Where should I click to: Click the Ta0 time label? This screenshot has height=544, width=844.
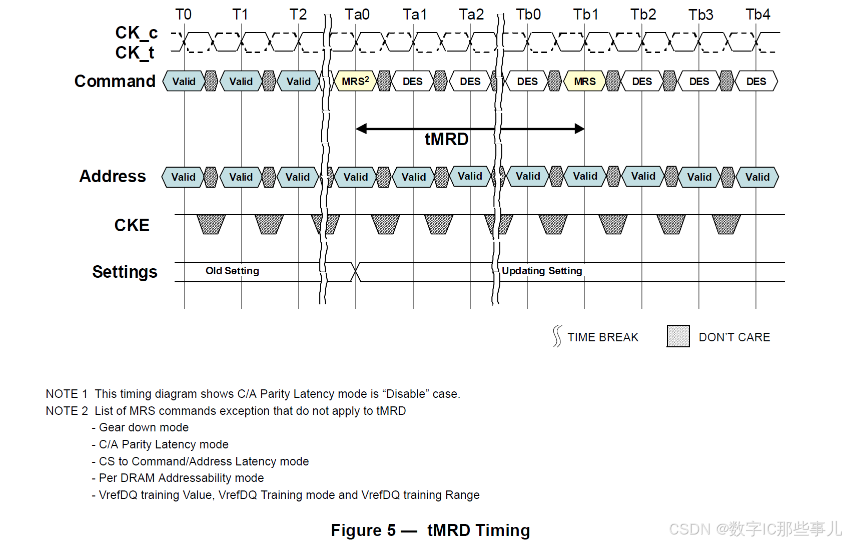click(357, 15)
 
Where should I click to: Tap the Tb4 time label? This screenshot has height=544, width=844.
click(757, 15)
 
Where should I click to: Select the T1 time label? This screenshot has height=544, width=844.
click(240, 15)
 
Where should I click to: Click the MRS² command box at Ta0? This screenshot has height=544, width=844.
click(355, 81)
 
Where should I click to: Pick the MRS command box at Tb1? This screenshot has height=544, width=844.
click(584, 81)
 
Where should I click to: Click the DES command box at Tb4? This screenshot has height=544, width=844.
click(756, 81)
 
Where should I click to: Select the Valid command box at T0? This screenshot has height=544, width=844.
click(184, 81)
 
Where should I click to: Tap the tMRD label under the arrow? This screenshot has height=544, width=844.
click(446, 139)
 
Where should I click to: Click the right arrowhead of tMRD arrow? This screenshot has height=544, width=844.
click(579, 129)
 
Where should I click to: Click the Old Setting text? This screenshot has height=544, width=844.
click(232, 271)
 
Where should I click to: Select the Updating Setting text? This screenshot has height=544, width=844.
click(542, 271)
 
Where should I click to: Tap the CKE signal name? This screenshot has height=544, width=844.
click(132, 225)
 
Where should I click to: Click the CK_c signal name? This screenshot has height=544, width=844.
click(136, 33)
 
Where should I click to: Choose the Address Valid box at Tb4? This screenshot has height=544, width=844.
click(757, 177)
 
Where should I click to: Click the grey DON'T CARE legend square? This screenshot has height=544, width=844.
click(678, 336)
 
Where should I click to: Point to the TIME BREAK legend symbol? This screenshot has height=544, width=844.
click(557, 336)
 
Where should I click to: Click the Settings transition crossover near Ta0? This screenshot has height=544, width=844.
click(356, 272)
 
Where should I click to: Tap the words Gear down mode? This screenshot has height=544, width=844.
click(144, 427)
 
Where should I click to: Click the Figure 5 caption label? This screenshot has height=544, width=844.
click(363, 530)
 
